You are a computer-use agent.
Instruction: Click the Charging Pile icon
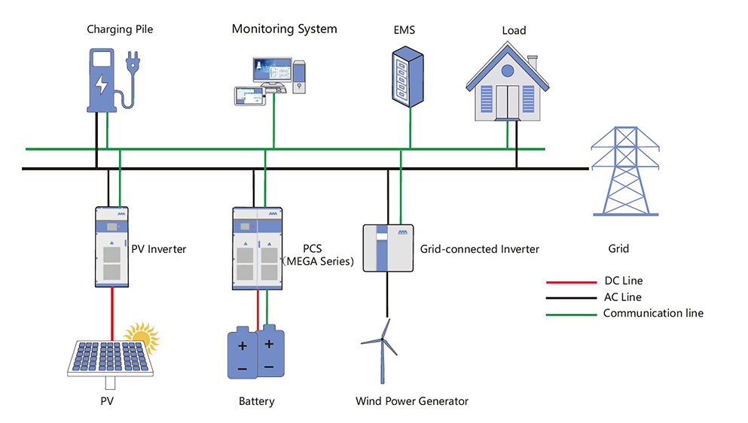103,79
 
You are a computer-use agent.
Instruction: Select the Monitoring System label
284,29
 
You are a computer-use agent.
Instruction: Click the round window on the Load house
508,71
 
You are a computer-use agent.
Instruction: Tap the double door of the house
508,102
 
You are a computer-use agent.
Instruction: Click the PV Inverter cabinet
111,247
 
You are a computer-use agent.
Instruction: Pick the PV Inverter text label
158,248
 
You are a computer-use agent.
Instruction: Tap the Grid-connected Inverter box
389,248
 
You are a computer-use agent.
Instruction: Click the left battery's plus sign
243,346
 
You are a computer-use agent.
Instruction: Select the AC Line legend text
623,297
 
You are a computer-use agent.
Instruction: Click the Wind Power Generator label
411,401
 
